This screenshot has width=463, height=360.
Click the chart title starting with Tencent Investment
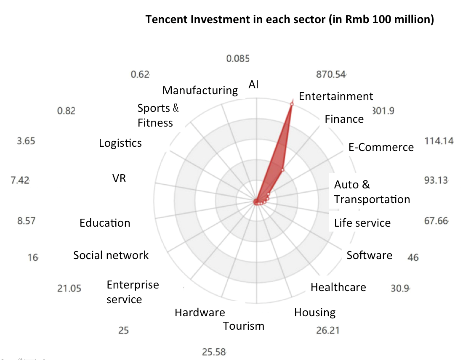click(x=290, y=20)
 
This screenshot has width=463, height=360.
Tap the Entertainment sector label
click(x=335, y=96)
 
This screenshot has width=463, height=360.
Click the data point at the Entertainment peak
click(x=291, y=104)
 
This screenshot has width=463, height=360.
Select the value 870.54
click(x=331, y=74)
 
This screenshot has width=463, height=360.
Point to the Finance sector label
click(x=344, y=119)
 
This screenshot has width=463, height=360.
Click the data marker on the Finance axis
click(x=282, y=170)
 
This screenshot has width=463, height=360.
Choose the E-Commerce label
click(x=381, y=147)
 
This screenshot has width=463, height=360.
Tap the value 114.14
click(x=439, y=141)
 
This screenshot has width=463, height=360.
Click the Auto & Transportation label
click(x=372, y=192)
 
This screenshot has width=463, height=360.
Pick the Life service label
click(x=362, y=223)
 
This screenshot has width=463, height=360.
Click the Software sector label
click(x=369, y=255)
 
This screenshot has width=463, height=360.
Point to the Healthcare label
click(x=338, y=287)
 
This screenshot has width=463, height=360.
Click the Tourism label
click(x=244, y=326)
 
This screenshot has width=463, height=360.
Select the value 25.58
click(x=214, y=352)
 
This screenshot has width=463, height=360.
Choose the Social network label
click(x=111, y=255)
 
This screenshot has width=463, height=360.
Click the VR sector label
click(x=119, y=178)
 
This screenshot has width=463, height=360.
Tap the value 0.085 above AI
click(x=238, y=59)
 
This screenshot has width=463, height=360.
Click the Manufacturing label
click(x=200, y=90)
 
